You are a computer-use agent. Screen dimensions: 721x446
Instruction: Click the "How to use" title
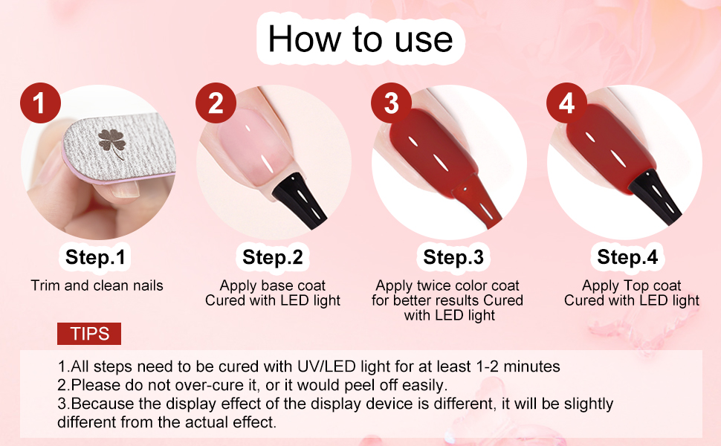(360, 39)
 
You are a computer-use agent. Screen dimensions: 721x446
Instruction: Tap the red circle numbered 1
(40, 103)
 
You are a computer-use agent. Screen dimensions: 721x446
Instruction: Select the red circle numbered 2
(216, 103)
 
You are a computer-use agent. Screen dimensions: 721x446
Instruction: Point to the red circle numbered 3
(391, 103)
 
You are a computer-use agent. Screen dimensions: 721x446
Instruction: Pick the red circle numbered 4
(566, 103)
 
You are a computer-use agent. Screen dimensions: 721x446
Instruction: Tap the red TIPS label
(89, 334)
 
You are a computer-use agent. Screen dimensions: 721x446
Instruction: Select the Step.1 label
(95, 257)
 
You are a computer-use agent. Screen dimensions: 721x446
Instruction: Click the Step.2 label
(273, 257)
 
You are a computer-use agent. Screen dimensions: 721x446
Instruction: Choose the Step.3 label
(453, 257)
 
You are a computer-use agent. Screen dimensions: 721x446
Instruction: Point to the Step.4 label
(627, 257)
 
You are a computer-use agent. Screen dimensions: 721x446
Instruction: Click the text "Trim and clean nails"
(97, 285)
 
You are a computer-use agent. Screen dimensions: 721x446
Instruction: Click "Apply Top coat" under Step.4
(631, 285)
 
